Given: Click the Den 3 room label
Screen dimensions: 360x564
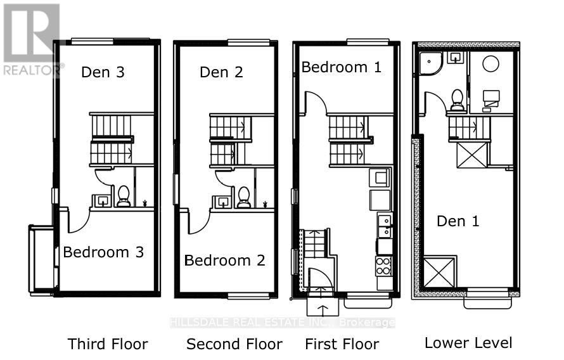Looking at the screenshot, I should [103, 72].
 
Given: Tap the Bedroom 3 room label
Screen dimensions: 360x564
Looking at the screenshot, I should [103, 252].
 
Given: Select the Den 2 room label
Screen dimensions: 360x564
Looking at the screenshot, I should [221, 72].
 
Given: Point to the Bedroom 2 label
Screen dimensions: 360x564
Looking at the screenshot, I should [225, 260].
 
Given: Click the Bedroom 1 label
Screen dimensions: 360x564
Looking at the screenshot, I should [342, 67].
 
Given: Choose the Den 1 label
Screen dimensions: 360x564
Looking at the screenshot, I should [458, 221].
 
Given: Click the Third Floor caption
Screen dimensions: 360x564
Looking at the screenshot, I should [108, 344].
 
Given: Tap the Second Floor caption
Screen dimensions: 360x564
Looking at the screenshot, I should [234, 344].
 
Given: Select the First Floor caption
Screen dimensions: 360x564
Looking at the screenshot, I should [342, 344].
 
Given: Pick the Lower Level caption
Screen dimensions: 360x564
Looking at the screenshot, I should [468, 343].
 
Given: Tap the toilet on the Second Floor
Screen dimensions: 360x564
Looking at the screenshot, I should [243, 196].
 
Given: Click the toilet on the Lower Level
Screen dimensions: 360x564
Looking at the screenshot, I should [456, 100].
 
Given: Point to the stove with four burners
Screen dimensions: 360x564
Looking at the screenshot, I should [383, 266].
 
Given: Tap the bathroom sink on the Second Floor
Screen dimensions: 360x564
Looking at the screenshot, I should [222, 202].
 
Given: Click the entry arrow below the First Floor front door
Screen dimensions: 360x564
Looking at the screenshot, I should [322, 310].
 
